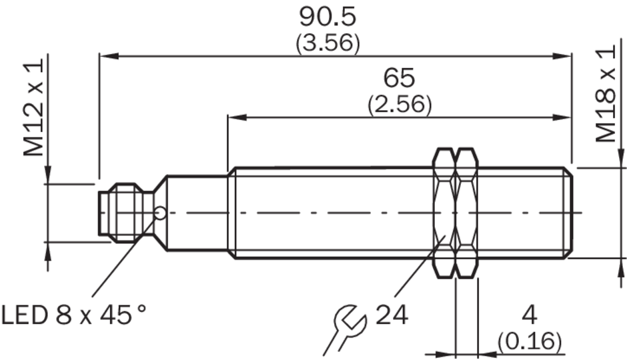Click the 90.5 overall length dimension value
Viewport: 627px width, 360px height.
328,17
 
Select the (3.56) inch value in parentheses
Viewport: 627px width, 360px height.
328,43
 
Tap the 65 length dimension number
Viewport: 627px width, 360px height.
399,78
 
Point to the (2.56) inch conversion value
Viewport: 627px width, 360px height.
400,104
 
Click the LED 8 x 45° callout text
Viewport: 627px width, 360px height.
74,315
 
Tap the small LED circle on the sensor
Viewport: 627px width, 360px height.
160,213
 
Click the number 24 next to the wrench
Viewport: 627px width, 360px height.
392,315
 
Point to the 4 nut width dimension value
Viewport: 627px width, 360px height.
530,315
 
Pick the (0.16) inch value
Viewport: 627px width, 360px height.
530,341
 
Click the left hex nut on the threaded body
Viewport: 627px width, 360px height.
444,213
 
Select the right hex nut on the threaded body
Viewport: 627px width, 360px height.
467,213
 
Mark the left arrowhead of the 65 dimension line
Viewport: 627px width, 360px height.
237,117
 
